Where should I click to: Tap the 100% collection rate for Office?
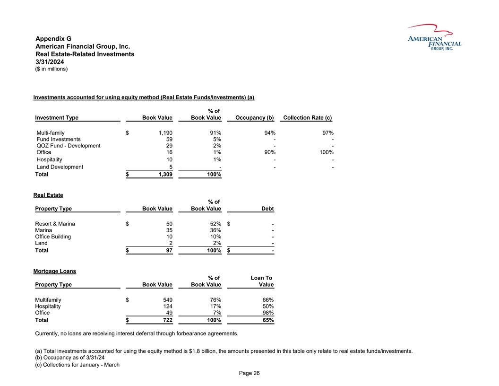point(326,152)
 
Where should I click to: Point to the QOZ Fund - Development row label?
point(68,146)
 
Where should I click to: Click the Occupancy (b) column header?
point(251,118)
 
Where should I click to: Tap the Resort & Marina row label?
point(55,224)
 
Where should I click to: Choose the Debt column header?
point(267,209)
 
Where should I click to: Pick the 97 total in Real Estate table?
point(169,250)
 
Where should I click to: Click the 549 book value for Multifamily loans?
point(167,300)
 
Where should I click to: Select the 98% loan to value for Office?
point(268,312)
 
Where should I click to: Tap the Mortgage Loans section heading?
point(54,271)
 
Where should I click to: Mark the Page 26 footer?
point(249,373)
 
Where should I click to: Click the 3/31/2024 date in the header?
point(51,62)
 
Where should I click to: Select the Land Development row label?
point(60,167)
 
